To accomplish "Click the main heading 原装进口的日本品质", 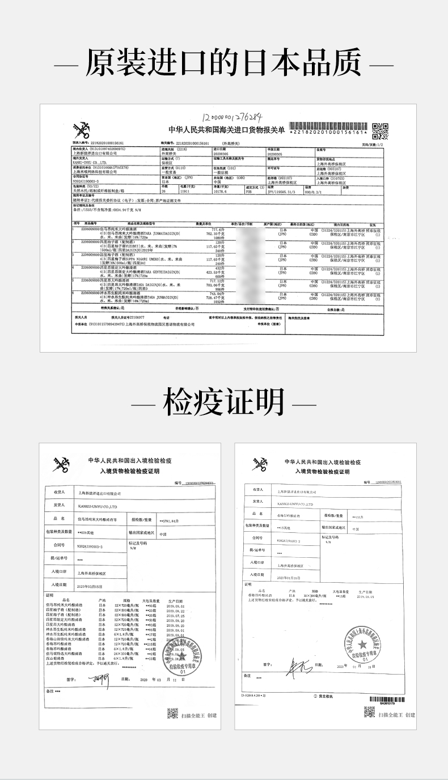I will coord(223,63).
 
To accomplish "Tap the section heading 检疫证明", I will coord(223,403).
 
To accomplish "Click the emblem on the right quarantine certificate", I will coord(259,464).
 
